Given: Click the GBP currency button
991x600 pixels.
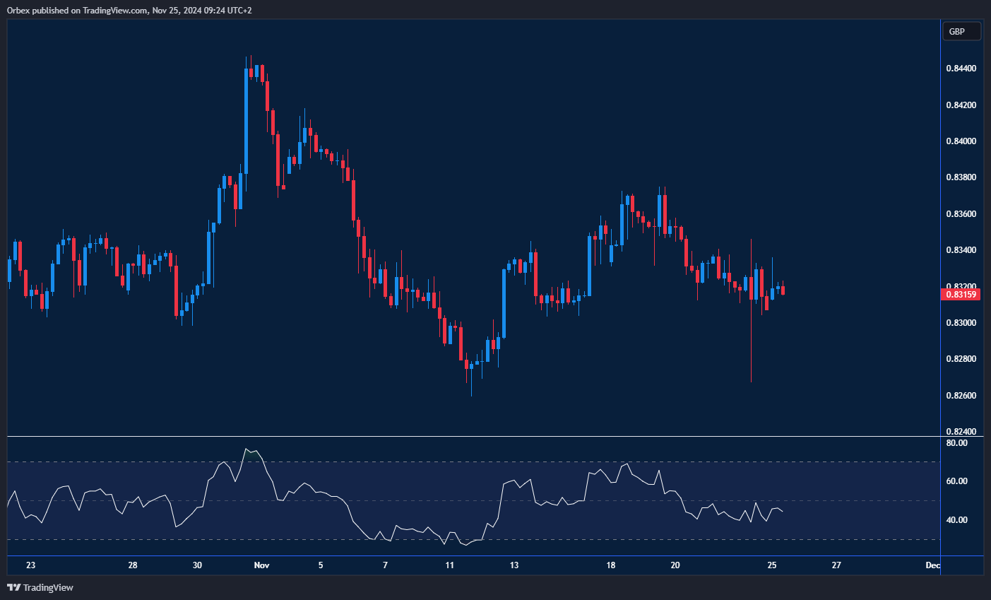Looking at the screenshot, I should pyautogui.click(x=961, y=31).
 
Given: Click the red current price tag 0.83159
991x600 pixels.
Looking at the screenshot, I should pyautogui.click(x=961, y=294).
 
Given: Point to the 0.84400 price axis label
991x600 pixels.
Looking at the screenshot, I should pyautogui.click(x=961, y=69).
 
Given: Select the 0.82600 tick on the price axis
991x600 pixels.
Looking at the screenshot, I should pyautogui.click(x=961, y=396).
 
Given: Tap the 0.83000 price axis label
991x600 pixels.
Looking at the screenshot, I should pyautogui.click(x=961, y=323).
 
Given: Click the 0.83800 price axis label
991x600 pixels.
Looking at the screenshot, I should pyautogui.click(x=961, y=177).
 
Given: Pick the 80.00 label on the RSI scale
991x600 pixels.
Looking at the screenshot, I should pyautogui.click(x=957, y=443).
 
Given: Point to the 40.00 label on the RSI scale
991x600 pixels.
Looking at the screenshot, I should pyautogui.click(x=957, y=520).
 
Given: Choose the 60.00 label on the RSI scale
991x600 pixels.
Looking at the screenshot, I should pyautogui.click(x=957, y=481).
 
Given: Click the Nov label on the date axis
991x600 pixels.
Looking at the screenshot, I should pyautogui.click(x=261, y=565).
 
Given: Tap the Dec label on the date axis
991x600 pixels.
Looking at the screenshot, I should pyautogui.click(x=932, y=565).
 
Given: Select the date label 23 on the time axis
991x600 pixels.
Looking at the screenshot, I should pyautogui.click(x=30, y=565).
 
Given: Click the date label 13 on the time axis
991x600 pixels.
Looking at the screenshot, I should pyautogui.click(x=514, y=565).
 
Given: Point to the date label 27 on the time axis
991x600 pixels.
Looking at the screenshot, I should pyautogui.click(x=836, y=565).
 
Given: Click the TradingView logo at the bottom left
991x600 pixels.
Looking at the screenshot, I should pyautogui.click(x=40, y=587).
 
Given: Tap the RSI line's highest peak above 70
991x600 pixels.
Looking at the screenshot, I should pyautogui.click(x=247, y=449).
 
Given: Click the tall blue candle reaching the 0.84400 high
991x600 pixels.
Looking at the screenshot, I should pyautogui.click(x=246, y=120).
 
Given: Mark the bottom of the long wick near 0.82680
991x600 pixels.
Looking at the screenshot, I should pyautogui.click(x=751, y=382).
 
